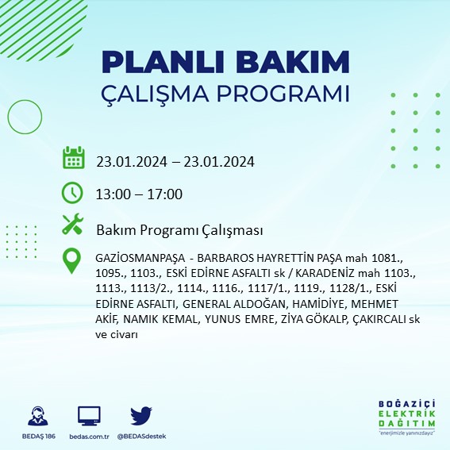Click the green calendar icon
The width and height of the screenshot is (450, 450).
coord(73,157)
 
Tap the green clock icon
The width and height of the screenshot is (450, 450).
coord(72,192)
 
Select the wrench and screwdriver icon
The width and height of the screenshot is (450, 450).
coord(72,225)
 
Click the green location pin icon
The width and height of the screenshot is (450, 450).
coord(72,260)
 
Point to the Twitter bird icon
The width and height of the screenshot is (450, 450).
coord(140,416)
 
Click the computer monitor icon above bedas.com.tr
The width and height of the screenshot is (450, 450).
coord(89,416)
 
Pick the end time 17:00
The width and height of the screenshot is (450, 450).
coord(164,194)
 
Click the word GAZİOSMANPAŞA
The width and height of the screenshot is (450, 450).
coord(140,259)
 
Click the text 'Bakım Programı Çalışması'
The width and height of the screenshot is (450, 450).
coord(179,230)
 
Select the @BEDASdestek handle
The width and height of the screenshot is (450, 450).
coord(142,437)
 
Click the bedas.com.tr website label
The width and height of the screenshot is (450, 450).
coord(89,437)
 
